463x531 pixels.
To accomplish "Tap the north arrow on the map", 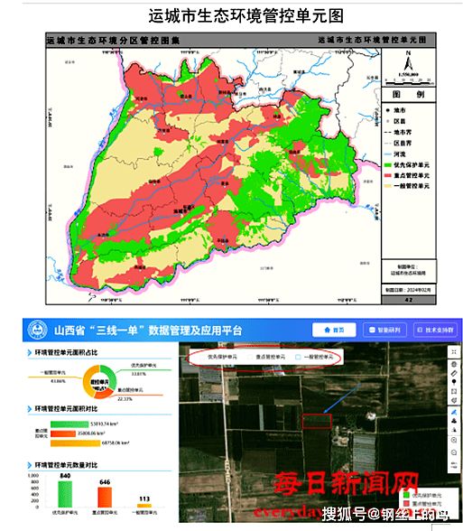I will [x=409, y=62].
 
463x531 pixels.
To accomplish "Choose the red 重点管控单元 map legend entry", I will [x=413, y=175].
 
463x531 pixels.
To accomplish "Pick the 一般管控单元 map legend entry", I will [x=413, y=185].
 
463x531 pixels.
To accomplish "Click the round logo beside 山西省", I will [x=40, y=330].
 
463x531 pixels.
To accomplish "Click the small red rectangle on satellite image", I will [x=318, y=421].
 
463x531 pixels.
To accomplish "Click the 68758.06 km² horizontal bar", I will [x=80, y=442].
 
